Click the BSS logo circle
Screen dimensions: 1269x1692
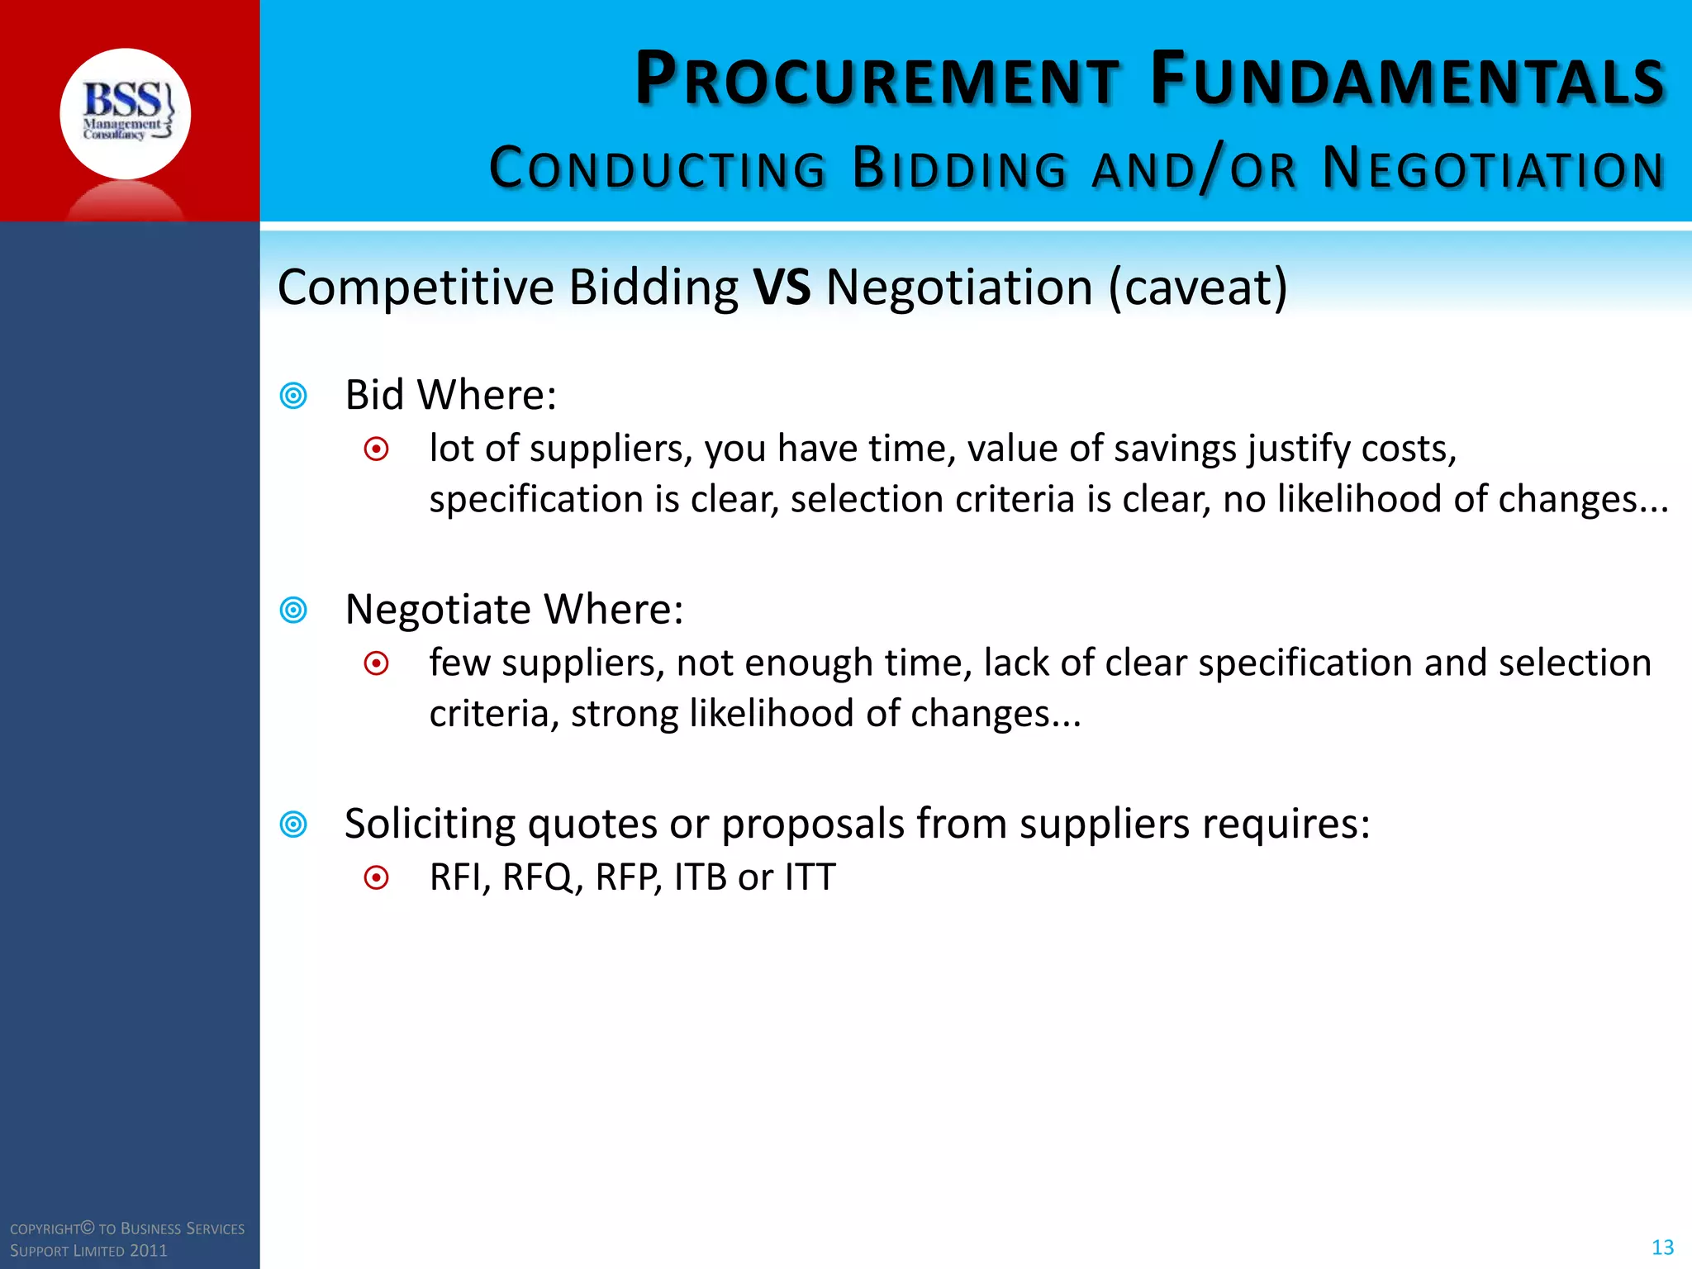point(125,113)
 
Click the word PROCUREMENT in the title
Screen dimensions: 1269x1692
point(877,80)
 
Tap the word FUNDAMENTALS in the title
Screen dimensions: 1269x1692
point(1407,80)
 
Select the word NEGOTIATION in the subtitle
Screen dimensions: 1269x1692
point(1493,169)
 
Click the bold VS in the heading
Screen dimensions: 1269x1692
point(782,288)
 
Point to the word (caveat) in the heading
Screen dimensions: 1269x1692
point(1197,288)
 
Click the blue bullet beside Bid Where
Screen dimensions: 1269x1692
point(293,396)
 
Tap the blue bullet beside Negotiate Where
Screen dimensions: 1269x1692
point(293,610)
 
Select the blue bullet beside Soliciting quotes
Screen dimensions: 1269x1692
point(293,824)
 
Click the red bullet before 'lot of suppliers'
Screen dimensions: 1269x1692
point(377,449)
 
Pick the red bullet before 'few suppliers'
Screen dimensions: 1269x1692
point(377,663)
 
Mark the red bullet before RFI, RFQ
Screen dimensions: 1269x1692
point(377,877)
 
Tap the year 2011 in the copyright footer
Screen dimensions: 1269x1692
point(149,1251)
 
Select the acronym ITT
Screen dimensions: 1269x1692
point(810,877)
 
